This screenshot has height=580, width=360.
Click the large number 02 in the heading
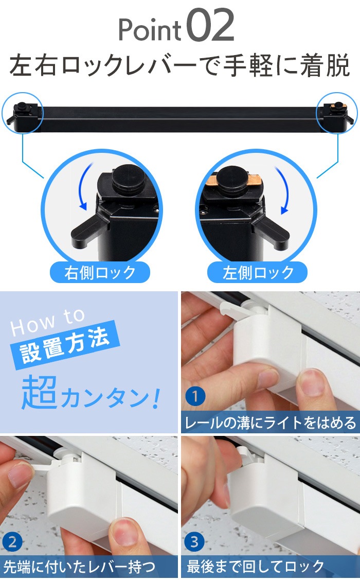(x=211, y=26)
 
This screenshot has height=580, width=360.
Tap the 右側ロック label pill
(x=100, y=273)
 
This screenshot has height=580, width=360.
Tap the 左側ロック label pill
(x=258, y=273)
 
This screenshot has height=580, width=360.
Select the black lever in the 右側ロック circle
(x=88, y=230)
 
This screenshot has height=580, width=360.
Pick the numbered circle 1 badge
(x=195, y=396)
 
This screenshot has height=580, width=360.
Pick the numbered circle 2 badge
(x=12, y=542)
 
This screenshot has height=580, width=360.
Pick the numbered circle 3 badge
(x=194, y=542)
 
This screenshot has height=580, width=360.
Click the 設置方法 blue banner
(x=65, y=346)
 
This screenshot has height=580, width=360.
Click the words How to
(x=48, y=322)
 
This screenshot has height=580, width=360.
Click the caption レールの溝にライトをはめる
(x=270, y=423)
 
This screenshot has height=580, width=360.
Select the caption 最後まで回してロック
(x=255, y=566)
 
